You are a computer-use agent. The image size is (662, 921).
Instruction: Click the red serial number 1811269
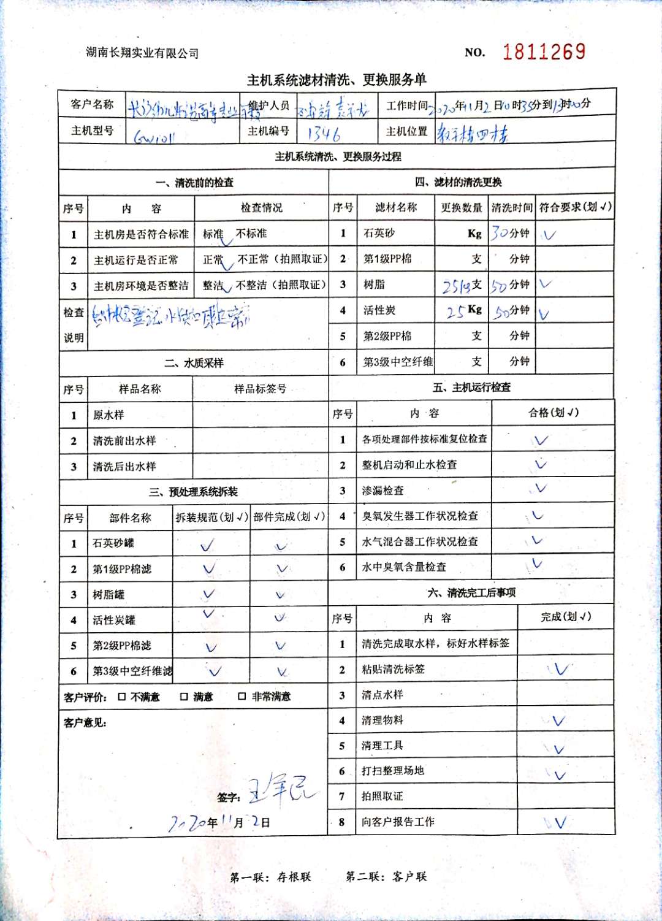pyautogui.click(x=544, y=52)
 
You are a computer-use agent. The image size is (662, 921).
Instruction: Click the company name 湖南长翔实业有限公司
pyautogui.click(x=142, y=53)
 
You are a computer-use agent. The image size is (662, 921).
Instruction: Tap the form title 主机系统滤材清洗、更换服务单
pyautogui.click(x=337, y=80)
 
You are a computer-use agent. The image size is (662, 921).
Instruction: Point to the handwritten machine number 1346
pyautogui.click(x=324, y=133)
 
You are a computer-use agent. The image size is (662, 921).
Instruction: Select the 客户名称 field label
pyautogui.click(x=92, y=104)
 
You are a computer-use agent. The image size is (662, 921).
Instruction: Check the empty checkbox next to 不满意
pyautogui.click(x=122, y=697)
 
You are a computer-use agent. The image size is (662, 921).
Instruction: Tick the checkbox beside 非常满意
pyautogui.click(x=242, y=697)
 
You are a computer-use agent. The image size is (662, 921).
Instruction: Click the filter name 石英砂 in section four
pyautogui.click(x=379, y=233)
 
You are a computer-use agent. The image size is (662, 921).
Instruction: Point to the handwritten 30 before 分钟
pyautogui.click(x=500, y=233)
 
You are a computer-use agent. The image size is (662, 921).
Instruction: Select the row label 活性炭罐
pyautogui.click(x=114, y=620)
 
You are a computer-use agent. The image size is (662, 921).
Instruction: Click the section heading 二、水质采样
pyautogui.click(x=194, y=363)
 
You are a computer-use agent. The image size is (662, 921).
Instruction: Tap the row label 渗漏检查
pyautogui.click(x=383, y=491)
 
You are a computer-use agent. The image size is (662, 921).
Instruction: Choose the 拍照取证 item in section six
pyautogui.click(x=382, y=796)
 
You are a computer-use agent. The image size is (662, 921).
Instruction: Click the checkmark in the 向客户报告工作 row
pyautogui.click(x=560, y=822)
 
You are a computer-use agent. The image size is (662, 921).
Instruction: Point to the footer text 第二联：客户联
pyautogui.click(x=386, y=877)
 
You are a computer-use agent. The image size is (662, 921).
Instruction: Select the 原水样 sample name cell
pyautogui.click(x=108, y=415)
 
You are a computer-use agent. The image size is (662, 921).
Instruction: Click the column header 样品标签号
pyautogui.click(x=260, y=389)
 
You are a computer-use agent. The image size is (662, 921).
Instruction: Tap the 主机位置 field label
pyautogui.click(x=406, y=131)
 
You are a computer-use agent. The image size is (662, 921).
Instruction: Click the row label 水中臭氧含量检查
pyautogui.click(x=404, y=567)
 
